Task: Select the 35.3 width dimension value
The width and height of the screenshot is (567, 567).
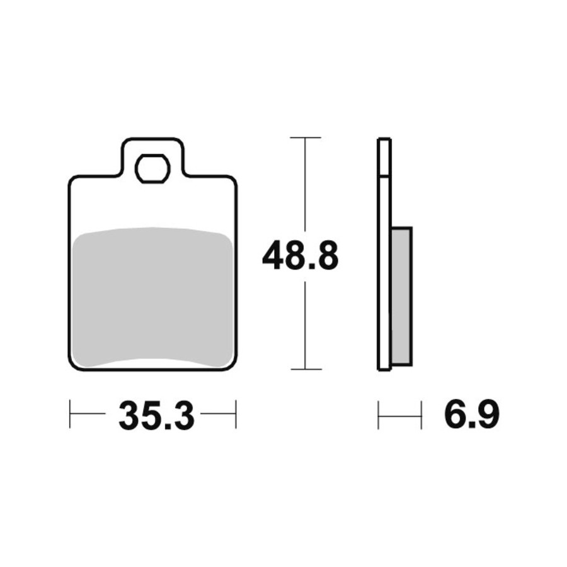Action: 157,416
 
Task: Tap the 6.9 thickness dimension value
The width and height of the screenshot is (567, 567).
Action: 472,413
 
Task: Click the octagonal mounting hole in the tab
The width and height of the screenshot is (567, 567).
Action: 152,168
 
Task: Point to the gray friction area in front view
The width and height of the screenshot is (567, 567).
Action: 152,297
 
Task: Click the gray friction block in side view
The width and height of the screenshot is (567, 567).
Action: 402,296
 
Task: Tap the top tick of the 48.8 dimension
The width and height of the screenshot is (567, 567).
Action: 306,138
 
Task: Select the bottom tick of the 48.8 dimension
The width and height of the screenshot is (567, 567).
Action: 306,369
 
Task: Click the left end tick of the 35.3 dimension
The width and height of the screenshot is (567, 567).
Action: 70,414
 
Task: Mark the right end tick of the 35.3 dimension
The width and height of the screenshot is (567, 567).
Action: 236,414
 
